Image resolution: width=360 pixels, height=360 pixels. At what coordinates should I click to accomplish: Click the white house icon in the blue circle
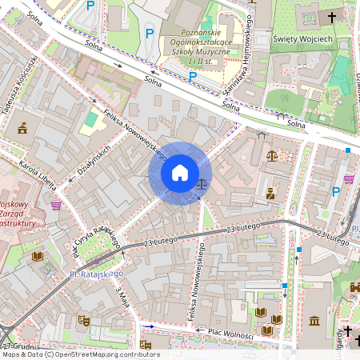180,173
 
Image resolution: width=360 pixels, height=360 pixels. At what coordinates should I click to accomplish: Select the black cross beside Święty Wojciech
332,17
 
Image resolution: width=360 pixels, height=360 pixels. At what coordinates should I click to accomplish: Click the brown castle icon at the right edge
354,287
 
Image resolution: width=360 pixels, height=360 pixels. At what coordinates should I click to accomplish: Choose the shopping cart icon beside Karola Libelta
56,205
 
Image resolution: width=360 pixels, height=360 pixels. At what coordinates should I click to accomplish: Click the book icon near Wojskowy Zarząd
37,256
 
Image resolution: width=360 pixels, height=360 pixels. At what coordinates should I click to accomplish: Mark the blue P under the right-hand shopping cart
336,191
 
